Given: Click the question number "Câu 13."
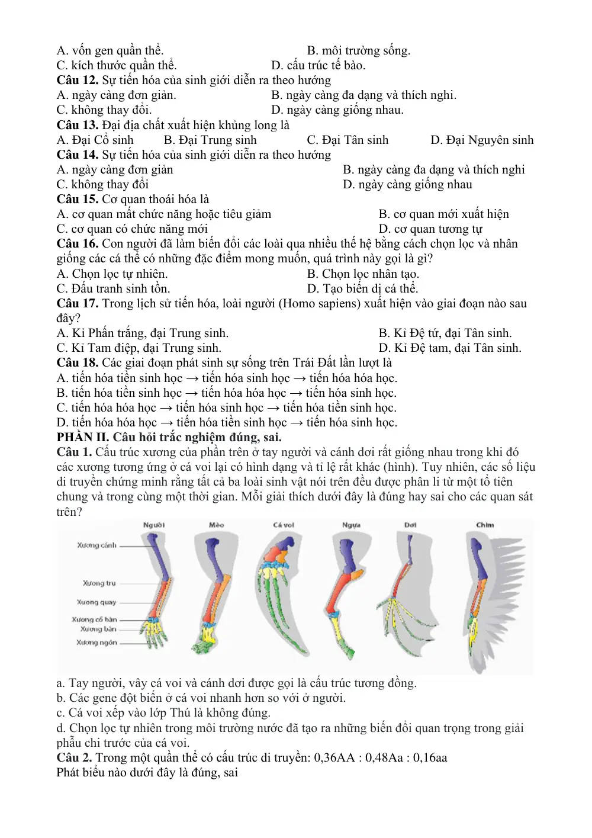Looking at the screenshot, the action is [78, 125].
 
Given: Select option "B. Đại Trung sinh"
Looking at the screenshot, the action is [210, 140].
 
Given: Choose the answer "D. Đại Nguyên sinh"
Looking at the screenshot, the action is [482, 140].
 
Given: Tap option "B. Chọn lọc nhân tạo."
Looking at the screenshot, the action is [363, 274].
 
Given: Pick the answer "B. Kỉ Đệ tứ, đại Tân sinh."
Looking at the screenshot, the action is [445, 333].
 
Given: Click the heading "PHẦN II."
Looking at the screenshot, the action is [83, 437].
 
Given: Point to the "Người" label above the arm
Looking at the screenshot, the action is [154, 525].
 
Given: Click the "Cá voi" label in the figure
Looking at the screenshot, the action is [284, 525].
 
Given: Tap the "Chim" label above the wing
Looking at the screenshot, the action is [485, 525].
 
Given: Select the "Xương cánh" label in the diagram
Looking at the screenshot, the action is [97, 545].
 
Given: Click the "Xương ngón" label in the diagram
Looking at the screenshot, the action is [97, 643].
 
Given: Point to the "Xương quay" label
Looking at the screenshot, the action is [96, 602].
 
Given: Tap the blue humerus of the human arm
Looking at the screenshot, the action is [160, 557].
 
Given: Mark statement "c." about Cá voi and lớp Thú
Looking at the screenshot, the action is [163, 712].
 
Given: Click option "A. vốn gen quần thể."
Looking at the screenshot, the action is [110, 50].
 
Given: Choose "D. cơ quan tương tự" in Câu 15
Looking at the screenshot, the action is [430, 229].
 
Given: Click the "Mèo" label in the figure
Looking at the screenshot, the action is [217, 525].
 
